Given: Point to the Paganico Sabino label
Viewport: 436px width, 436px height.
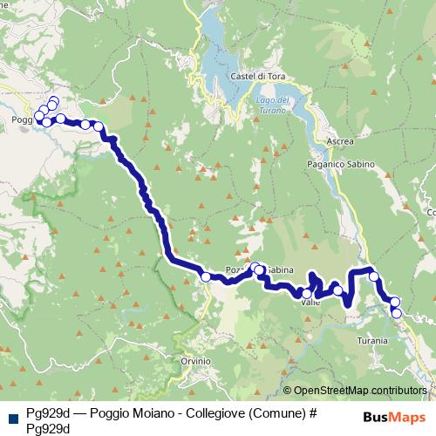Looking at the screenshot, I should pyautogui.click(x=340, y=164).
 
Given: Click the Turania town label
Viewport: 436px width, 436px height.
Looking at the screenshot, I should pyautogui.click(x=372, y=341).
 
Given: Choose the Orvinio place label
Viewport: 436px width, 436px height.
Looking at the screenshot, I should pyautogui.click(x=195, y=360).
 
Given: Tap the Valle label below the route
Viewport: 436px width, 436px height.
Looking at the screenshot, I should pyautogui.click(x=310, y=303).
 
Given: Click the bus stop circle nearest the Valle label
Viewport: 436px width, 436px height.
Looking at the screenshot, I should pyautogui.click(x=306, y=293).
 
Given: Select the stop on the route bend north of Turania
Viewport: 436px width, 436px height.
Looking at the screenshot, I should pyautogui.click(x=374, y=276).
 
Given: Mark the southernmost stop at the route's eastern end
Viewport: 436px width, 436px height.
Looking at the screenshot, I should pyautogui.click(x=397, y=313).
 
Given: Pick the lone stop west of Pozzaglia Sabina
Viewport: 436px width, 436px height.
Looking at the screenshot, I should pyautogui.click(x=206, y=276).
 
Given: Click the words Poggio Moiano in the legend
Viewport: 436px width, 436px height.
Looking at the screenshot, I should pyautogui.click(x=117, y=413).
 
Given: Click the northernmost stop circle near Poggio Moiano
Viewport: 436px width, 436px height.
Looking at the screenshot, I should pyautogui.click(x=53, y=100).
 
